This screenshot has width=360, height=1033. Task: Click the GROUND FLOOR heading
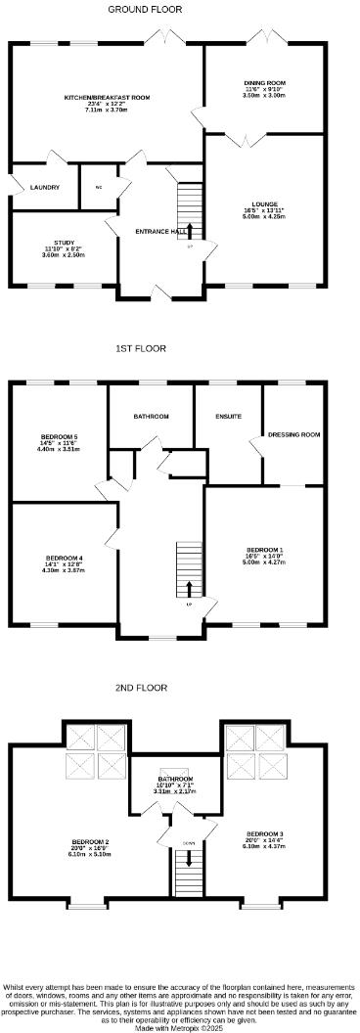[x=145, y=9]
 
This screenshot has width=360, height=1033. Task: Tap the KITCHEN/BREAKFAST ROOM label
[x=107, y=98]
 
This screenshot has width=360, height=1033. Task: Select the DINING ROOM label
[x=264, y=83]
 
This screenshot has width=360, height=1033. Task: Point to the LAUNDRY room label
[x=45, y=187]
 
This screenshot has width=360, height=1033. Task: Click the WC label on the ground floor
[x=98, y=187]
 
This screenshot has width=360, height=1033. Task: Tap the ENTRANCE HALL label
[x=160, y=232]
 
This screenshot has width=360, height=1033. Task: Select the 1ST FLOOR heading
[x=141, y=347]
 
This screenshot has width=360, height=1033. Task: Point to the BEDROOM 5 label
[x=59, y=436]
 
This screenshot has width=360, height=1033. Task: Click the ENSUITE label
[x=228, y=417]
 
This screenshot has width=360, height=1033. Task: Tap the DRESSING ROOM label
[x=294, y=433]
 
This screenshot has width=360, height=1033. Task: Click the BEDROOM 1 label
[x=264, y=550]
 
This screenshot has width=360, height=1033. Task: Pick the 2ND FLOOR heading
[x=141, y=688]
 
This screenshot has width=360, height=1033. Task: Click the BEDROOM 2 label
[x=90, y=842]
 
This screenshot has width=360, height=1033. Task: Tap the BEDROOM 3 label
[x=264, y=834]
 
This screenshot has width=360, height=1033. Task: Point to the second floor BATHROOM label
[x=176, y=780]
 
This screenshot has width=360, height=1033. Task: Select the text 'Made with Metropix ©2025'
[x=179, y=1026]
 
